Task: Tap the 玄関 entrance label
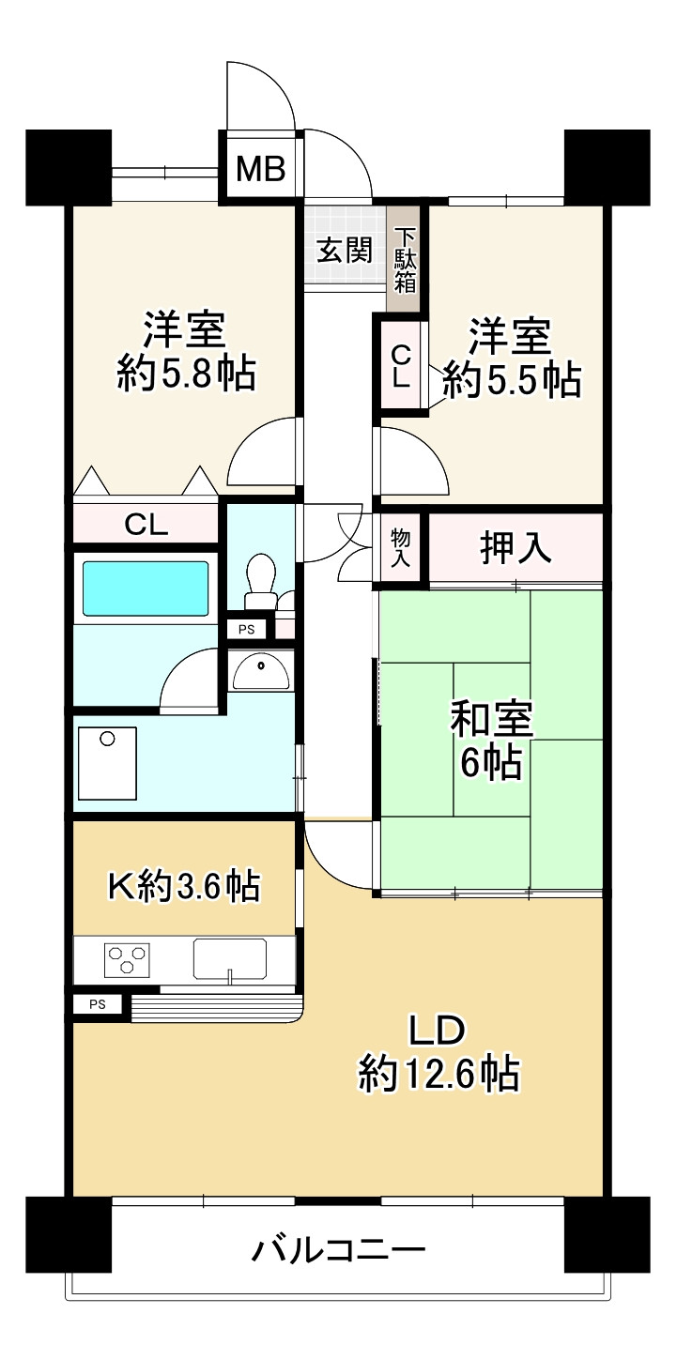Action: tap(345, 250)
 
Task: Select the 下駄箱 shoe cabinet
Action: tap(403, 260)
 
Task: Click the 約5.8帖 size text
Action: tap(187, 373)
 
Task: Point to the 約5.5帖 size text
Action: tap(512, 380)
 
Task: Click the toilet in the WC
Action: tap(260, 580)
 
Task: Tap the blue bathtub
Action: tap(146, 588)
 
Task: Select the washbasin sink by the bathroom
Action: tap(261, 673)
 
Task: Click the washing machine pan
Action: tap(107, 762)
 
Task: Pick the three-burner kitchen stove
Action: tap(128, 959)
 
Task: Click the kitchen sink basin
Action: tap(230, 959)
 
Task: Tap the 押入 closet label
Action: tap(515, 548)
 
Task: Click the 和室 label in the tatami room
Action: tap(491, 719)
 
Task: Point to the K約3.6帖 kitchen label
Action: tap(184, 887)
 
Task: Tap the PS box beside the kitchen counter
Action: tap(97, 1004)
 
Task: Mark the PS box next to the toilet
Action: tap(247, 629)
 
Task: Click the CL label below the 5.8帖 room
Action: tap(146, 525)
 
